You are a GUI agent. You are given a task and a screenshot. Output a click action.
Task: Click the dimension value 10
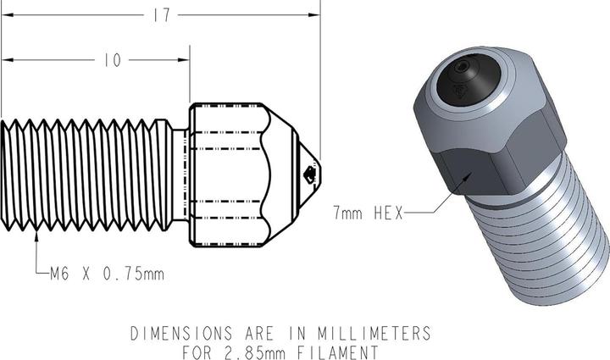[x=111, y=60]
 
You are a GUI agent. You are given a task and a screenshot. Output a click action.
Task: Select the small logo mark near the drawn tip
[x=308, y=175]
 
